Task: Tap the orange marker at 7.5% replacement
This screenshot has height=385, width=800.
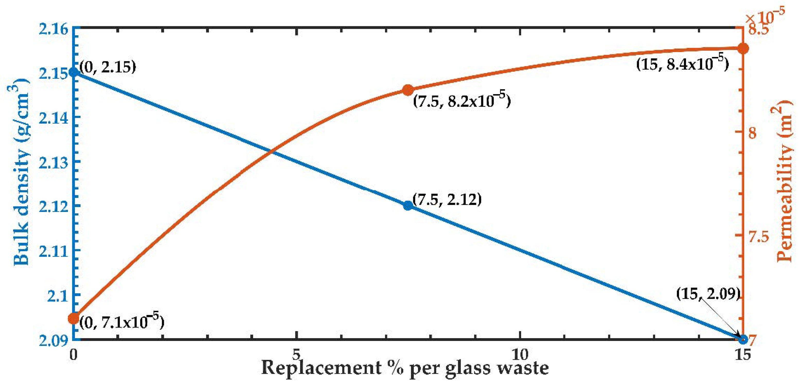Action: coord(408,90)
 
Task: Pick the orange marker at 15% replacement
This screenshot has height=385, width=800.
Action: coord(743,48)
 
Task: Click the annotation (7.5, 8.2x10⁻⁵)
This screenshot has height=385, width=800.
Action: coord(462,100)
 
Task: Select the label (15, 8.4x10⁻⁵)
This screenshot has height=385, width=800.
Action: coord(682,63)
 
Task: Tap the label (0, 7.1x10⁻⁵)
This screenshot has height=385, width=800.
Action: coord(122,322)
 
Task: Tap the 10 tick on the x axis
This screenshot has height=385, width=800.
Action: coord(520,354)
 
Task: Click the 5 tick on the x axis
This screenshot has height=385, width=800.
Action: coord(297,354)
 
